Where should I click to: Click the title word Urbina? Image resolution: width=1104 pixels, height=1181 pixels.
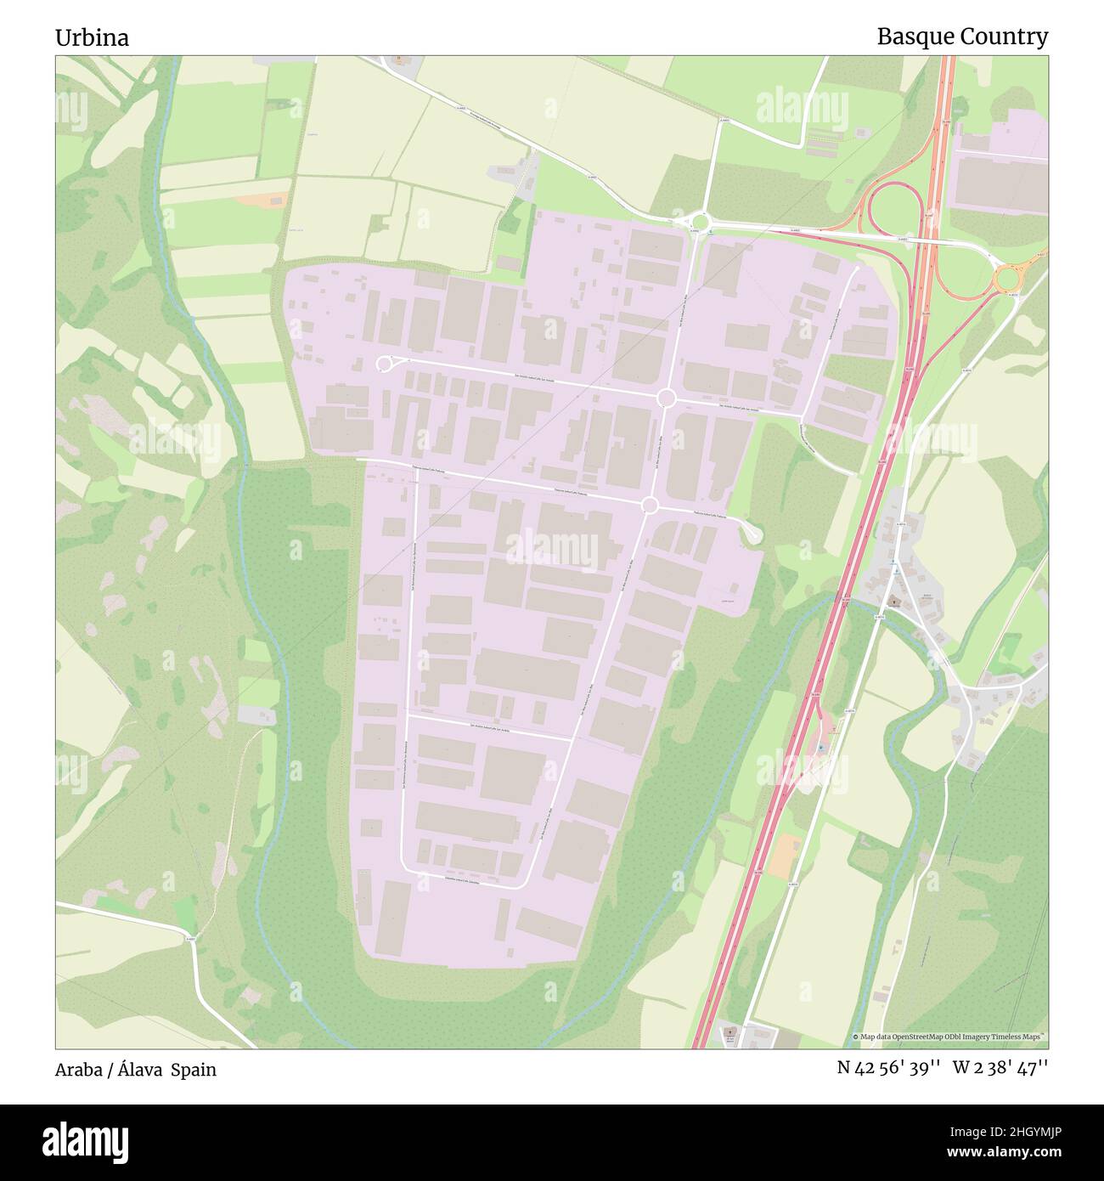92,38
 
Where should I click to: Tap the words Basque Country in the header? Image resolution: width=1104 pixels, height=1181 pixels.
961,37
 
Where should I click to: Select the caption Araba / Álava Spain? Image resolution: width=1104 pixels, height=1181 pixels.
135,1070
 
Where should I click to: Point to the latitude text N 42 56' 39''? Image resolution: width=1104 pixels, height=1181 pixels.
887,1068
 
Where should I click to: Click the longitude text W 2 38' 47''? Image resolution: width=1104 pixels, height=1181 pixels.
1000,1068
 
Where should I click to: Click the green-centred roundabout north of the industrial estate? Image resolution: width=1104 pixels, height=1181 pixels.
700,220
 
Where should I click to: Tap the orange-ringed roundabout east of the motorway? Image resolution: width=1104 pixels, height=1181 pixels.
1008,277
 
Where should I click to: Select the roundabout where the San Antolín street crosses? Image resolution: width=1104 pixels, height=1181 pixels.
666,398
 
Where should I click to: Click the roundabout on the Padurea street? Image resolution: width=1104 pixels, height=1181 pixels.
650,506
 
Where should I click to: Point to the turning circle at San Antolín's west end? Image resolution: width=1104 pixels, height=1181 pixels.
384,364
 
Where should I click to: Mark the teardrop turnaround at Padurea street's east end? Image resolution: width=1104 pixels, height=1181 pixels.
752,533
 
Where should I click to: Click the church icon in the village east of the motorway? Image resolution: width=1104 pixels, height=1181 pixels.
893,601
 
